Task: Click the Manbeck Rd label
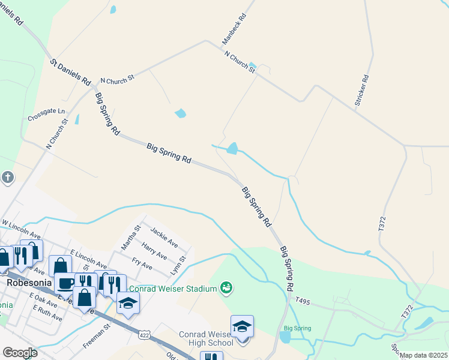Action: click(234, 29)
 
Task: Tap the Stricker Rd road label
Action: click(361, 91)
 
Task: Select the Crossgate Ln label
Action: click(46, 115)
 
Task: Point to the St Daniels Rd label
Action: click(70, 71)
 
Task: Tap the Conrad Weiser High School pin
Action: click(242, 327)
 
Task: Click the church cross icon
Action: click(7, 177)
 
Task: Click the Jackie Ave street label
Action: click(164, 237)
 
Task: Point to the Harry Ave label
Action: click(154, 250)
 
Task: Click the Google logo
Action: click(20, 353)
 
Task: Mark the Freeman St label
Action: click(97, 337)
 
